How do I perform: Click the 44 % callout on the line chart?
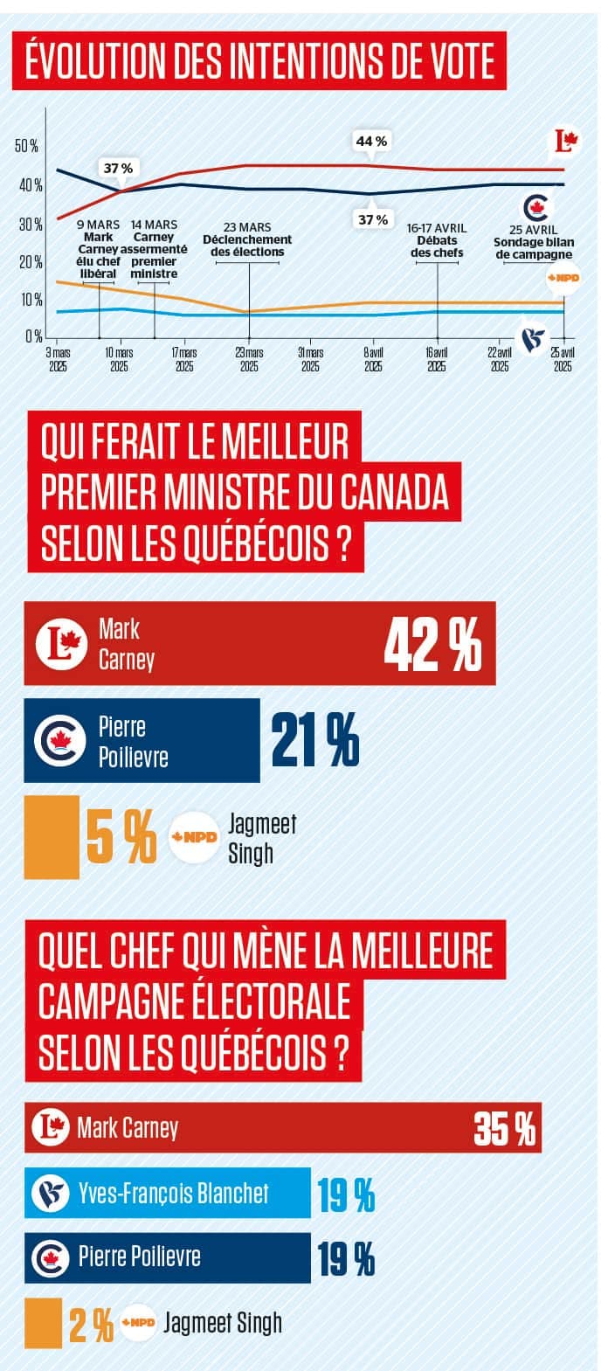tap(371, 141)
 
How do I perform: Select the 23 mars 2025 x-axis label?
tap(249, 359)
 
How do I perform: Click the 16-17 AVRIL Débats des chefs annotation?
tap(437, 240)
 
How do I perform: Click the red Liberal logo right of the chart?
tap(567, 140)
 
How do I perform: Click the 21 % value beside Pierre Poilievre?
tap(314, 740)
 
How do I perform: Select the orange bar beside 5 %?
tap(52, 836)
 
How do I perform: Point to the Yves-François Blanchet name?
tap(173, 1193)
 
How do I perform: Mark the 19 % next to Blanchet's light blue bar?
tap(347, 1194)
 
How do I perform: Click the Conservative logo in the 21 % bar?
tap(59, 741)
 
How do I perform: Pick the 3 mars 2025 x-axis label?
tap(59, 359)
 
